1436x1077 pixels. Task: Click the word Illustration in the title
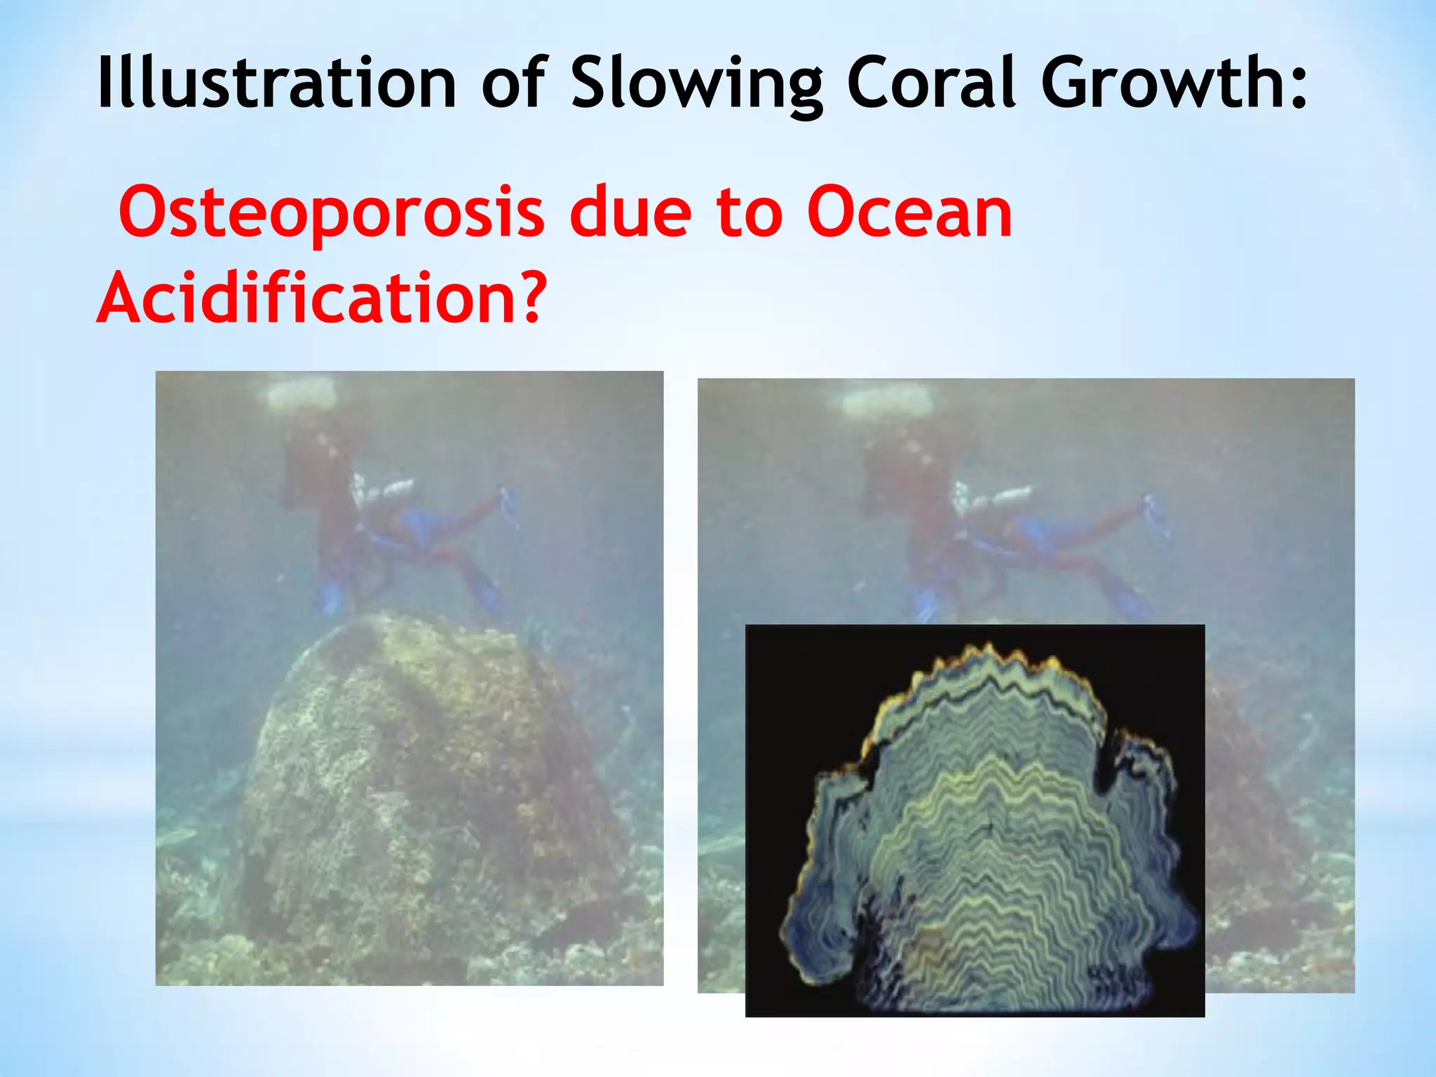276,83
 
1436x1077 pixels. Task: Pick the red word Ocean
909,212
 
